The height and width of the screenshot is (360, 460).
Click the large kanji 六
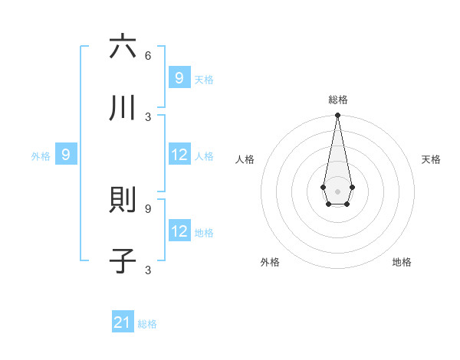click(123, 47)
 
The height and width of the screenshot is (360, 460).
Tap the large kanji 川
click(123, 108)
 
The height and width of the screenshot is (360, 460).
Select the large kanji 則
click(123, 200)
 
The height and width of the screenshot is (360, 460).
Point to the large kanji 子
click(123, 261)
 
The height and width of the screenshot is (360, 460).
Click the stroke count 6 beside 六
click(148, 55)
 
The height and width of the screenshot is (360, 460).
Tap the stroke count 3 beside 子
click(148, 270)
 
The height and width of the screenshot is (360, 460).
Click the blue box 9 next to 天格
click(179, 78)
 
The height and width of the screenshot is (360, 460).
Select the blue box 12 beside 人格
click(179, 155)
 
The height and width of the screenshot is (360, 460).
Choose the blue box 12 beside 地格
click(179, 231)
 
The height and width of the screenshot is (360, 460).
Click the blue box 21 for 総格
click(123, 323)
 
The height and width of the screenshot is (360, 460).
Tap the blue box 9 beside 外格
click(66, 155)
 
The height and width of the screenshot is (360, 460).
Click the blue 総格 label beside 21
click(147, 324)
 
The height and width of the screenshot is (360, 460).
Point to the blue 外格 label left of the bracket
click(41, 155)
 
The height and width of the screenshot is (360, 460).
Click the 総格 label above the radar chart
click(338, 100)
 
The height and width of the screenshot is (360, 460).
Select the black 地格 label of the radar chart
click(402, 262)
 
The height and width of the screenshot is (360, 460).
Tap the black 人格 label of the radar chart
click(245, 159)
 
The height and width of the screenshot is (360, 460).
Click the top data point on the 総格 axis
click(337, 116)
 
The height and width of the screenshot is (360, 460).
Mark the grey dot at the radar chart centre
click(337, 190)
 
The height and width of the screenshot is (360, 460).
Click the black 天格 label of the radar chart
click(432, 159)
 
